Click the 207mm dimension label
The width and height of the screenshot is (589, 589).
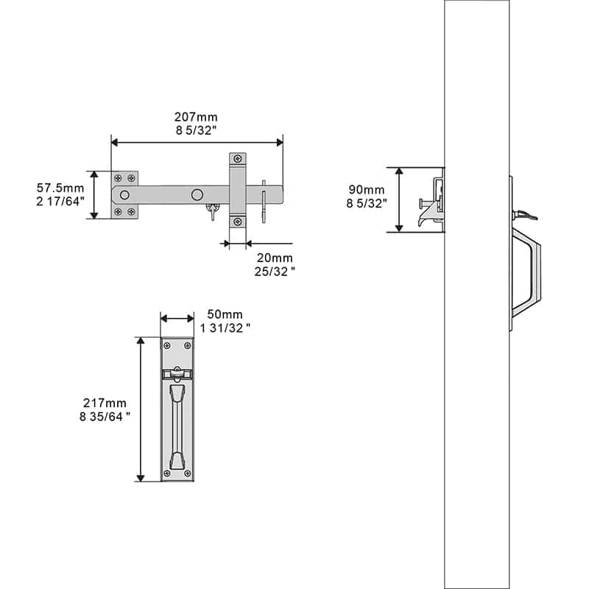tap(196, 117)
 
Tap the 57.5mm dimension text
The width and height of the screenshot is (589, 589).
tap(60, 188)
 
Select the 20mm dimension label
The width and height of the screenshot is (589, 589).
tap(275, 258)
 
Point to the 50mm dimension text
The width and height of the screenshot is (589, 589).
tap(225, 314)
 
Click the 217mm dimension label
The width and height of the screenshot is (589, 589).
tap(105, 403)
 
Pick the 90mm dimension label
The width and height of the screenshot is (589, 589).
tap(366, 190)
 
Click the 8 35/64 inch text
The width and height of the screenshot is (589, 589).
tap(105, 417)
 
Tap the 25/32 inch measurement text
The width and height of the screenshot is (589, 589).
tap(275, 272)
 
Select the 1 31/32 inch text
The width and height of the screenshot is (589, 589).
tap(225, 328)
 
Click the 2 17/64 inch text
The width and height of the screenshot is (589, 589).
tap(60, 202)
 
